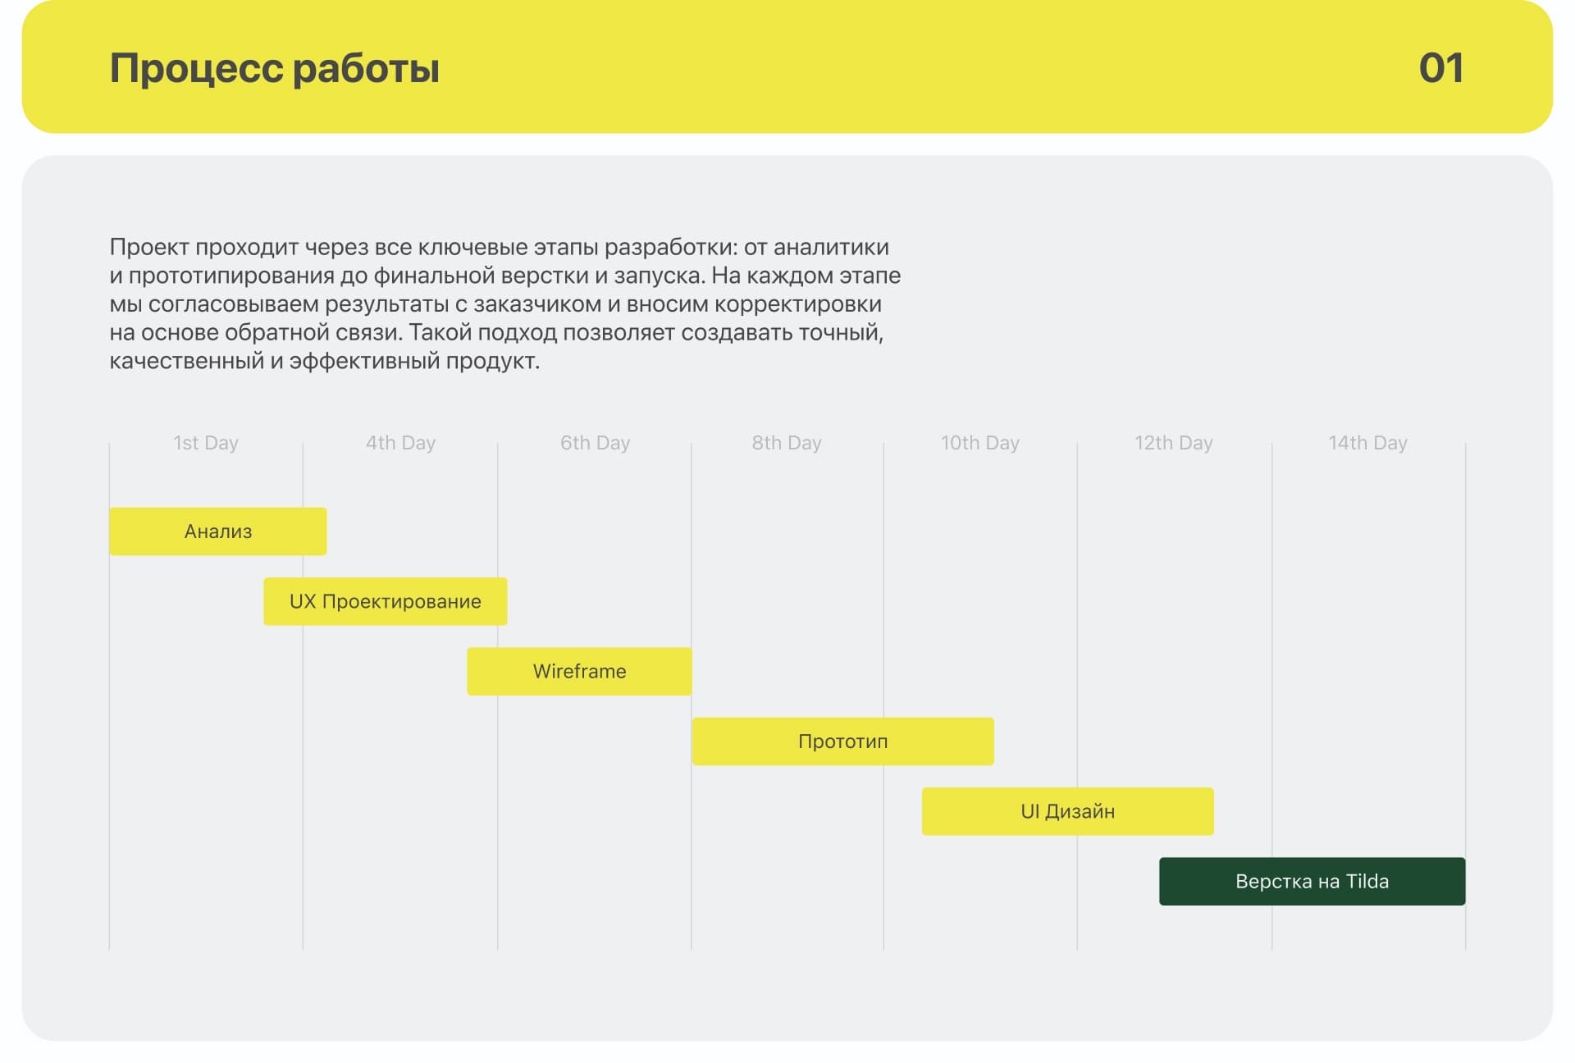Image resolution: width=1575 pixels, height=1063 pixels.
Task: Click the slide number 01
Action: [1440, 68]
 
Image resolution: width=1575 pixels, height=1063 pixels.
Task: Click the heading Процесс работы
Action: [275, 68]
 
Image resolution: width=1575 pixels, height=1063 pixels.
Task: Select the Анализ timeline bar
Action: [218, 531]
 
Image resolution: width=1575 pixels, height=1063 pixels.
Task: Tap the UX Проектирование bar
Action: [386, 601]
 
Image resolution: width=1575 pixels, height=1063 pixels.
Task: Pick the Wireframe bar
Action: [579, 672]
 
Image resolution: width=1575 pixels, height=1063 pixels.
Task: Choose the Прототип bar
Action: [843, 741]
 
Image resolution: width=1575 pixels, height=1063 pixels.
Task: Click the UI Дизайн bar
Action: [1068, 811]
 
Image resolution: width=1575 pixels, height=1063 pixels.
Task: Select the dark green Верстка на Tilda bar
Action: [1312, 882]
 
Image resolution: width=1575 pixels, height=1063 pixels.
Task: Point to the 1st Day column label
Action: [206, 443]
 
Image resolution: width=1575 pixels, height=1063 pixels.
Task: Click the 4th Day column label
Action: [400, 443]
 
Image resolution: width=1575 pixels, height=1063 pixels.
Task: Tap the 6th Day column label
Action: [595, 443]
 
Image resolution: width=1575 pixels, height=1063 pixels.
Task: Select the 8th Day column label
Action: [787, 443]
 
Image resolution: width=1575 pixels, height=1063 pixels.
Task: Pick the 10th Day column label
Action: [980, 443]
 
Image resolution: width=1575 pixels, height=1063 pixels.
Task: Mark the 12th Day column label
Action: [1174, 443]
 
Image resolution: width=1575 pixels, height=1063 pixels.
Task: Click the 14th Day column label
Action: [1368, 443]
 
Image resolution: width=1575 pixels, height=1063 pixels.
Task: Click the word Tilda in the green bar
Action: [1367, 882]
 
